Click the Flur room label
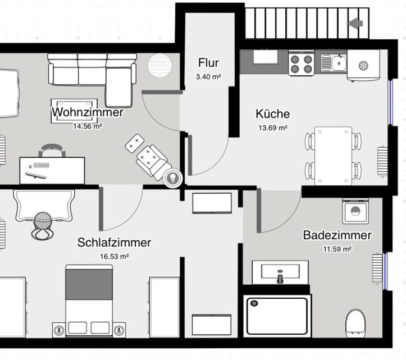tap(208, 63)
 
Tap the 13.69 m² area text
tap(273, 127)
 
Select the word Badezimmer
tap(337, 235)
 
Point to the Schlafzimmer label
tap(114, 243)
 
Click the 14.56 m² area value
tap(88, 126)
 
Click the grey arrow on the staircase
tap(355, 24)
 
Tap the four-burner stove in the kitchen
tap(302, 63)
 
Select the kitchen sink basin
tap(339, 63)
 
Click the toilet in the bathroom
tap(355, 323)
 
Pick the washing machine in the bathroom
tap(355, 211)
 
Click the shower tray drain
tap(254, 303)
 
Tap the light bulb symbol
tap(173, 178)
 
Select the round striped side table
tap(159, 66)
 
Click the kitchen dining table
tap(333, 156)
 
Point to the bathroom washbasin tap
tap(280, 277)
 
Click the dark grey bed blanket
tap(89, 284)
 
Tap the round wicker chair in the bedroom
tap(43, 226)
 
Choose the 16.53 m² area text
tap(115, 257)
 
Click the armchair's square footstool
tap(135, 143)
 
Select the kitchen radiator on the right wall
tap(382, 162)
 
